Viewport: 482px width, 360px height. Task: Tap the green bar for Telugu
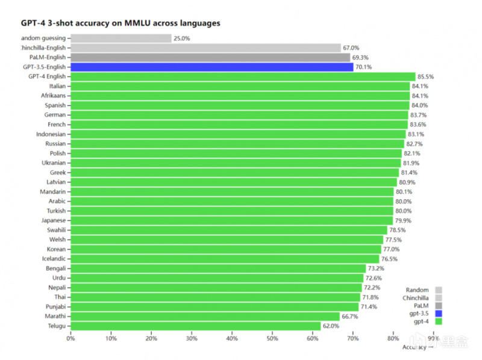pos(196,326)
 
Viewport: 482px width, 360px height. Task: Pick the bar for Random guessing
pos(120,39)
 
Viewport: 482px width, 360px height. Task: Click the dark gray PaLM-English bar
pos(210,58)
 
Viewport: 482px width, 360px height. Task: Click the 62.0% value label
pos(331,326)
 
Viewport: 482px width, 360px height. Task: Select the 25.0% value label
pos(182,39)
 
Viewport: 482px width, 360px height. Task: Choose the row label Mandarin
pos(52,191)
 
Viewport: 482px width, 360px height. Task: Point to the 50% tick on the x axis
pos(272,338)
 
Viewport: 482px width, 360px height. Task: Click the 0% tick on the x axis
pos(70,338)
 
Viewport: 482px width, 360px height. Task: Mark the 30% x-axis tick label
pos(191,338)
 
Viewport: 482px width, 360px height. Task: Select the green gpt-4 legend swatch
pos(439,321)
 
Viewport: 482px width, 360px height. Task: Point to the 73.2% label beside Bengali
pos(377,268)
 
